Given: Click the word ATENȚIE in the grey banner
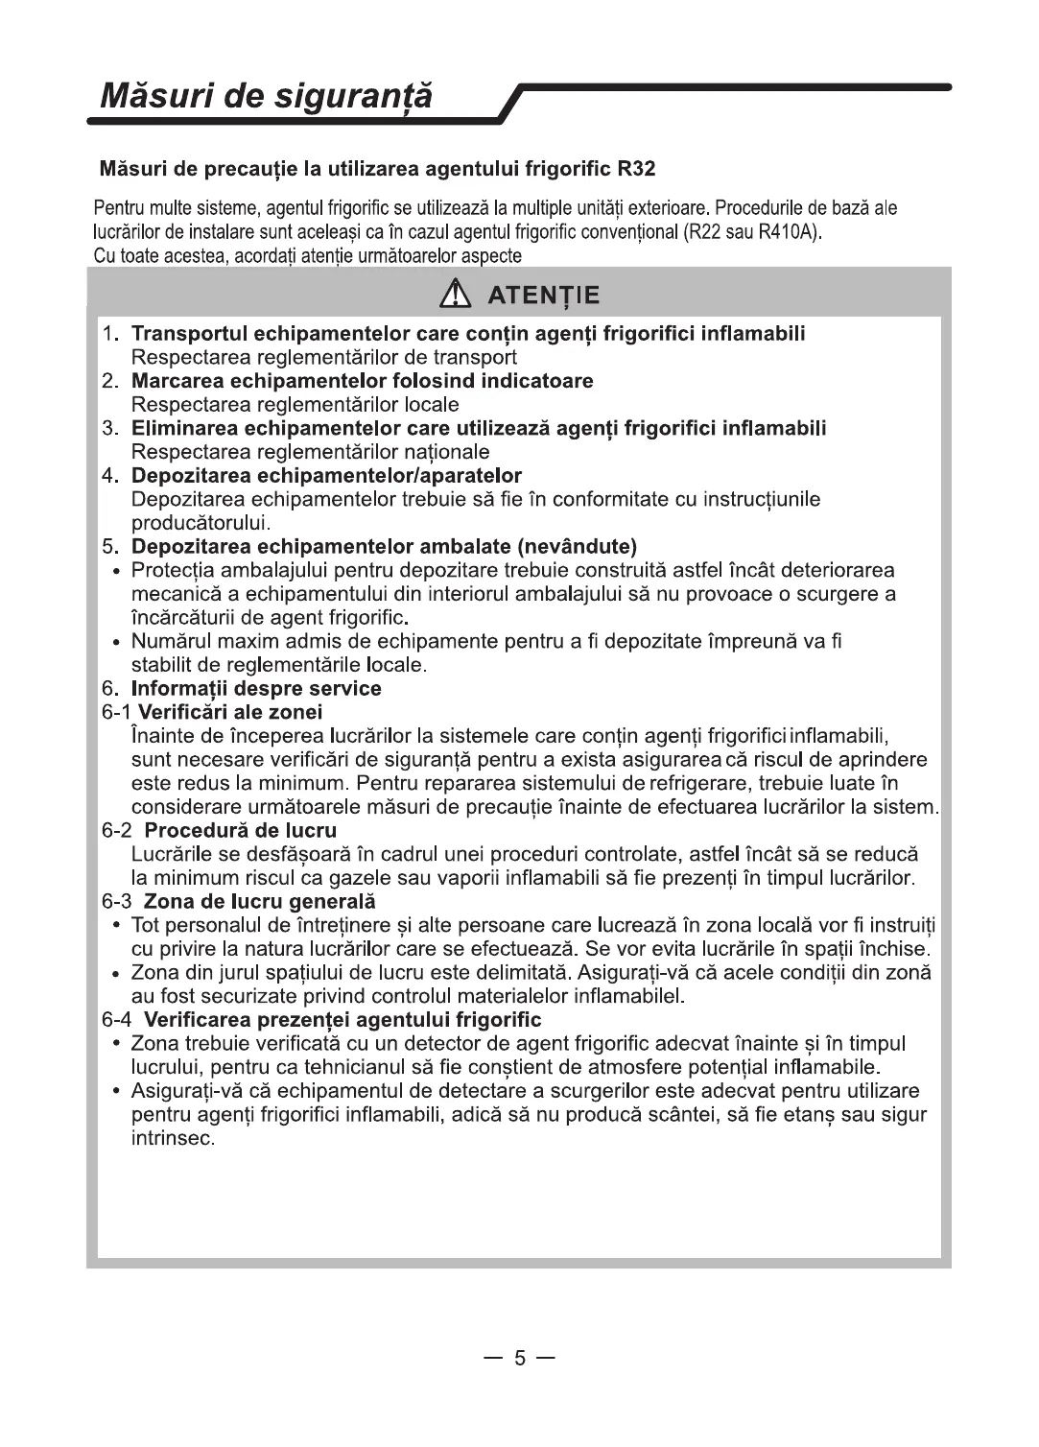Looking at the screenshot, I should [x=543, y=295].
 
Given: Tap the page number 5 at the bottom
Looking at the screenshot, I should [x=519, y=1358].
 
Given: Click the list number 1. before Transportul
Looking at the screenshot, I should [x=110, y=334].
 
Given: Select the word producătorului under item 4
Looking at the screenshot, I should [x=201, y=523].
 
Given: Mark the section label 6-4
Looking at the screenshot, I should [x=118, y=1019].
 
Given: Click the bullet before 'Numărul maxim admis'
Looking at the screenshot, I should [x=115, y=642].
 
